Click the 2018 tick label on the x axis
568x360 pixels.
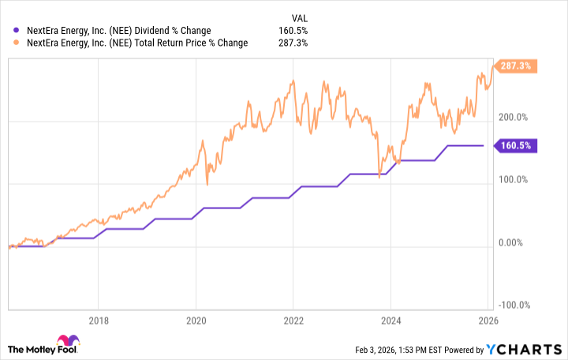pos(99,321)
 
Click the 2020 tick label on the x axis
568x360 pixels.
pos(196,321)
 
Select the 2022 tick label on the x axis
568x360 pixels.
pos(293,321)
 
